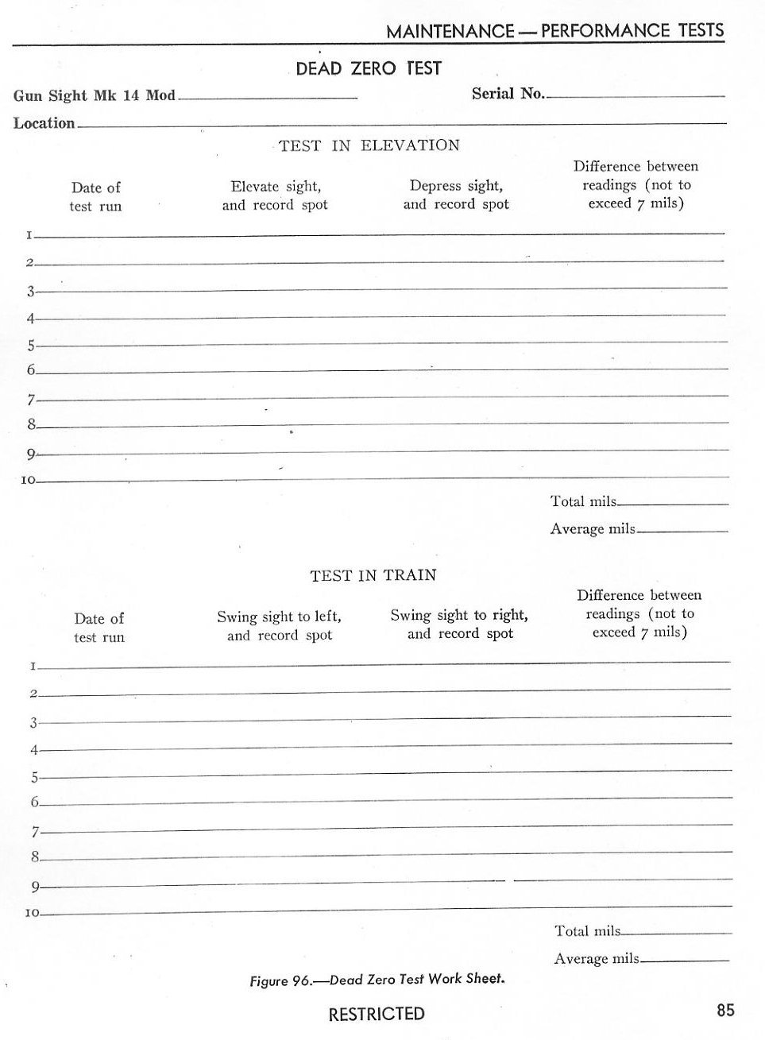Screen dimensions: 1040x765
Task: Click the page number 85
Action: [x=725, y=1010]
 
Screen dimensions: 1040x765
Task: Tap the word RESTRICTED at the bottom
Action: [x=377, y=1014]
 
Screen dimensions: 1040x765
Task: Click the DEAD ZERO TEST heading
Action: [x=368, y=68]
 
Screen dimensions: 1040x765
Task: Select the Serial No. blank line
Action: [x=636, y=95]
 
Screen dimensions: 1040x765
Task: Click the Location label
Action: [x=44, y=123]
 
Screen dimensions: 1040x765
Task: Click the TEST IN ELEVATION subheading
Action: [x=369, y=145]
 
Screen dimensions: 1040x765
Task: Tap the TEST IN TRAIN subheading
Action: [x=373, y=575]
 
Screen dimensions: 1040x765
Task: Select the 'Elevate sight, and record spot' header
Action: [x=275, y=195]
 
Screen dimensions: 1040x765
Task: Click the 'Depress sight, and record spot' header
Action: [x=456, y=195]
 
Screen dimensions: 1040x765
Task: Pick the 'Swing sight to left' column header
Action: [x=279, y=626]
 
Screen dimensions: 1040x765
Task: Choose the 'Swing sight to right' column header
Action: [x=459, y=624]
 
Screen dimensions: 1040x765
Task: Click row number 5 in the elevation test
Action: [x=32, y=346]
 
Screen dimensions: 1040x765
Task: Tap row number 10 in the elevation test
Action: [x=29, y=481]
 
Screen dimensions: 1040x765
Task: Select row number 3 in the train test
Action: [x=34, y=723]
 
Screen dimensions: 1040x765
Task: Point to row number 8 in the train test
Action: [x=35, y=856]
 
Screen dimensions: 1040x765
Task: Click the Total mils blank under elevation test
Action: [x=674, y=504]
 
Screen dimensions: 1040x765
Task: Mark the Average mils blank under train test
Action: [x=685, y=961]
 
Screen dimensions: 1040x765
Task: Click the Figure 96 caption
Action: [x=377, y=980]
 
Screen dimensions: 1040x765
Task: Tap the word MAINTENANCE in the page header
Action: [x=450, y=32]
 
